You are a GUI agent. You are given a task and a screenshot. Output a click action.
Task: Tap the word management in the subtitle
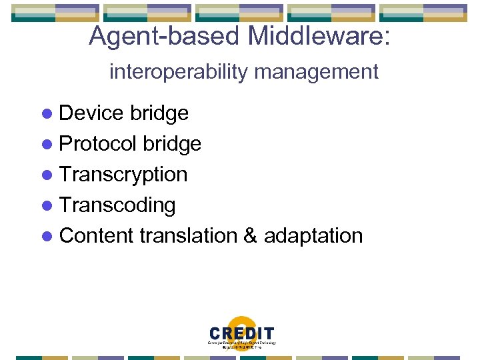(327, 71)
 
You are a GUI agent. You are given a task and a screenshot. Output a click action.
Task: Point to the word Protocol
(98, 144)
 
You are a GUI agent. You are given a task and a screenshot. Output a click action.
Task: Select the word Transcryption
(123, 175)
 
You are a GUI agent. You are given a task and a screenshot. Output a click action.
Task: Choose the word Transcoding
(117, 205)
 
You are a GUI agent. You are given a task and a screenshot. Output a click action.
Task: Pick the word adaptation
(313, 236)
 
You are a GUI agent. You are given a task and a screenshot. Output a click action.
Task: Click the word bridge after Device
(159, 113)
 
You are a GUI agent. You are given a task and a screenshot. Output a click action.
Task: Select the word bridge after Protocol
(172, 144)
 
